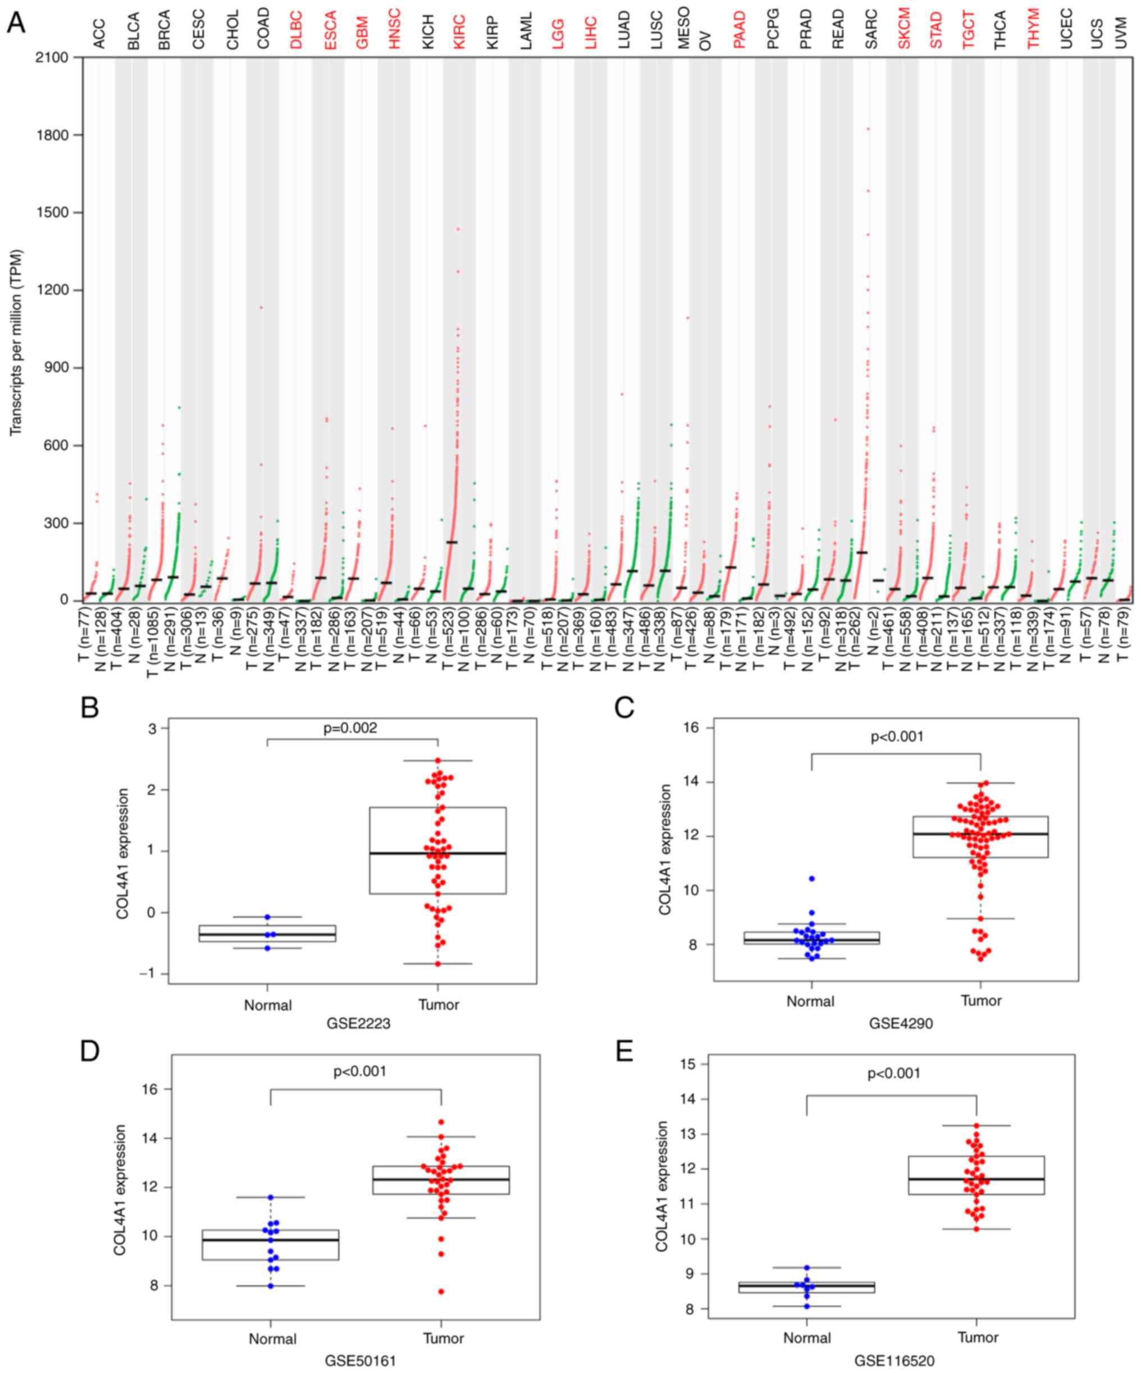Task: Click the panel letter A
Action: click(16, 24)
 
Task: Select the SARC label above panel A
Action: click(870, 29)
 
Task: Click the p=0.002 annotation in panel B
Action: click(350, 727)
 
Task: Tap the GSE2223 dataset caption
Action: click(358, 1023)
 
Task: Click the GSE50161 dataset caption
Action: click(360, 1361)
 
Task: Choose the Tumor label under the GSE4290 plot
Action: click(981, 1001)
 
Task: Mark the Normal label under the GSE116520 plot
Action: click(807, 1338)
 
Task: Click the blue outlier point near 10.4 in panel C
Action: click(811, 878)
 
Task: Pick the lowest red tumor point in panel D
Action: click(441, 1291)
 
